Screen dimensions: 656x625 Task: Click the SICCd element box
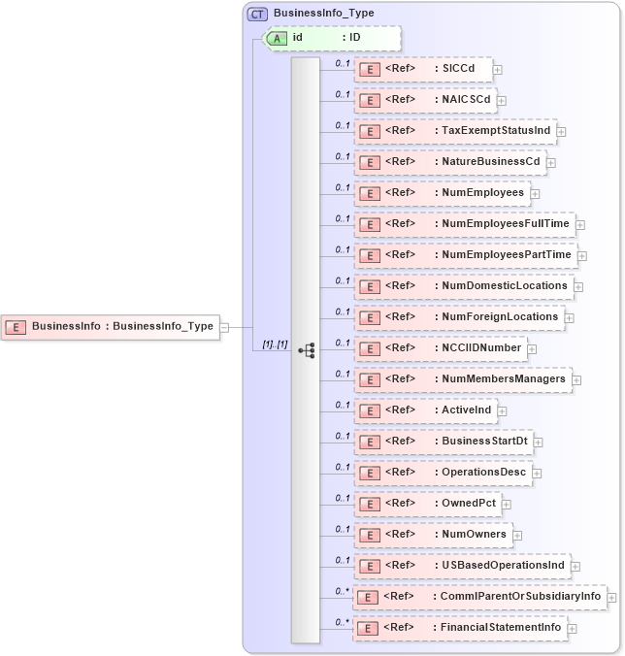tap(423, 69)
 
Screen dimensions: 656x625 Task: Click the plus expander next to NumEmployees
tap(535, 193)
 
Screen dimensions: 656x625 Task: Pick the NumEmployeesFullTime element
tap(464, 224)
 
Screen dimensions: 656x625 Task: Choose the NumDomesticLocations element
tap(463, 286)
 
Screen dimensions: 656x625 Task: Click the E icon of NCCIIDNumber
tap(369, 348)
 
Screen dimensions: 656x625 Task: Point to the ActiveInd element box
tap(425, 410)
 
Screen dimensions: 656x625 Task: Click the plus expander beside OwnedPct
tap(507, 504)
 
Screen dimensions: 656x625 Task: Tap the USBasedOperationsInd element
tap(461, 566)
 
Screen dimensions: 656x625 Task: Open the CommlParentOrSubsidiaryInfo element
tap(479, 597)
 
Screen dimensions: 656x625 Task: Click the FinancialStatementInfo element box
tap(459, 628)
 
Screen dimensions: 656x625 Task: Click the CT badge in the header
tap(257, 14)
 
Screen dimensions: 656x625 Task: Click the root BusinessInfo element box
tap(109, 327)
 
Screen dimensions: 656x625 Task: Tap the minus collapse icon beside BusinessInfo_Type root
tap(224, 327)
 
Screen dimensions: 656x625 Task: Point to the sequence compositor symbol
tap(306, 349)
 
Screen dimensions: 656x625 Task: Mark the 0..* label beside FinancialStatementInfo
tap(342, 621)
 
